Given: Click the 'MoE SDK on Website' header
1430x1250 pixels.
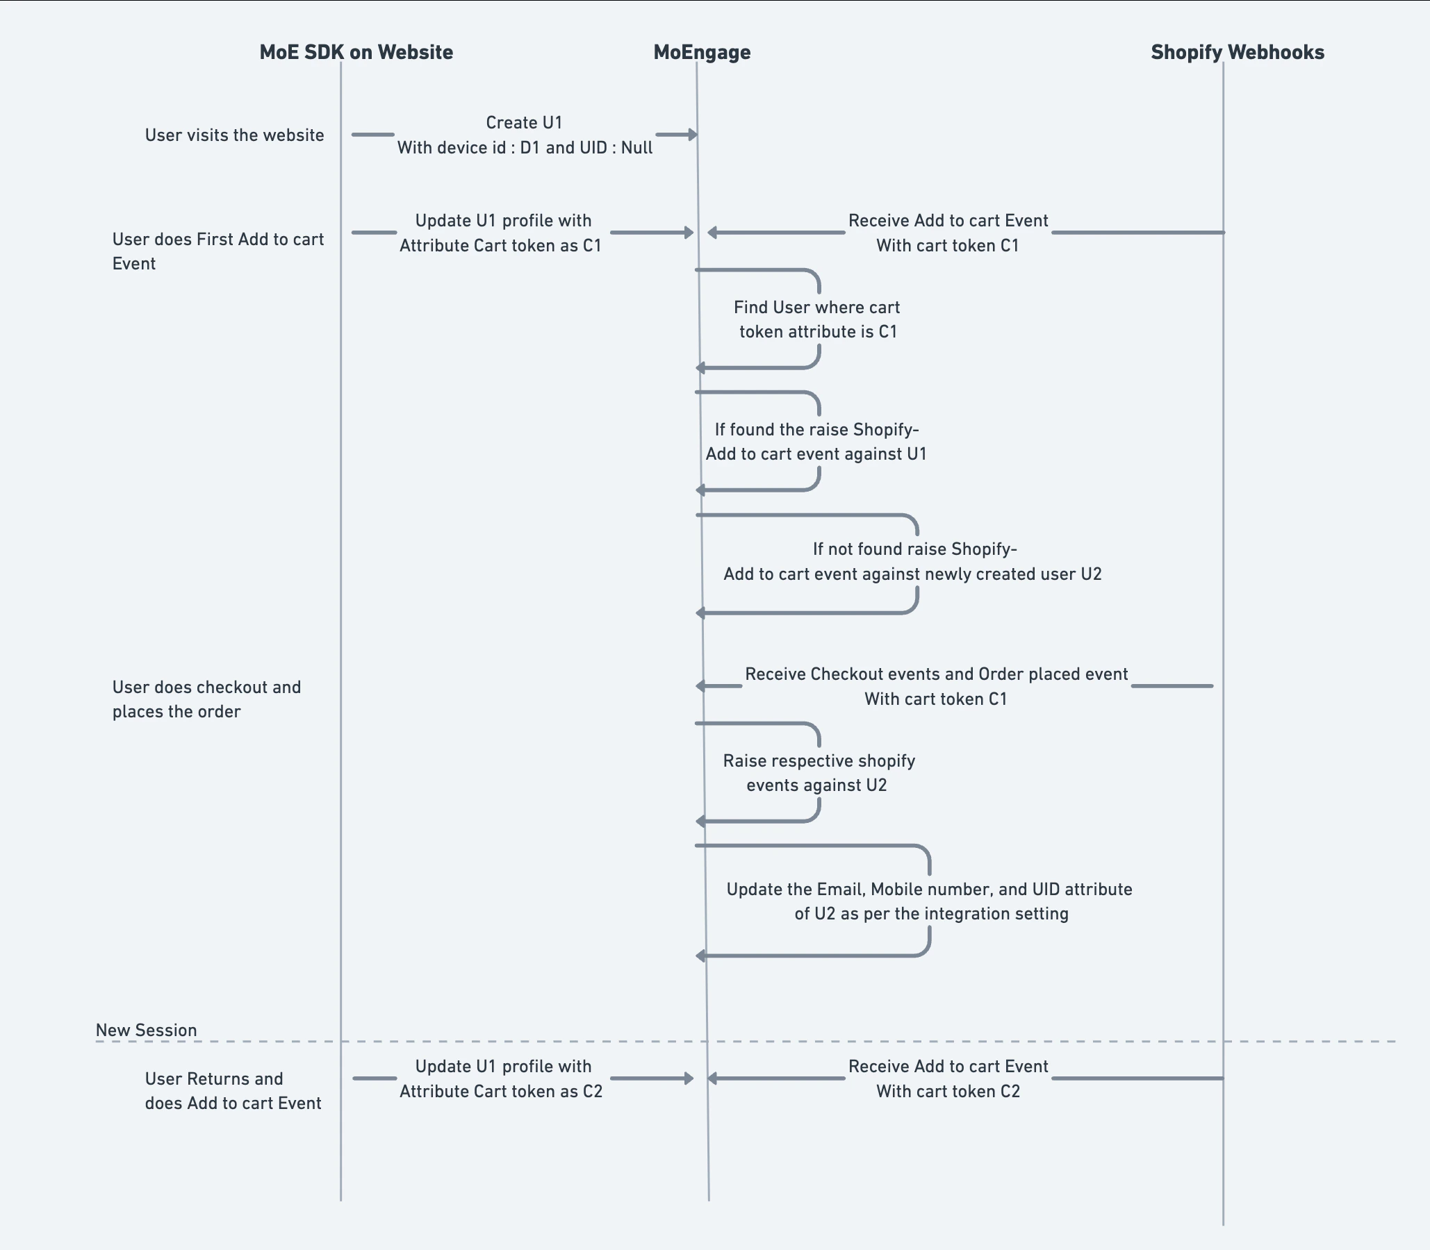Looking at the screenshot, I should (356, 52).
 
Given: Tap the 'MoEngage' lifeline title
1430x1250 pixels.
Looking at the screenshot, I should (701, 52).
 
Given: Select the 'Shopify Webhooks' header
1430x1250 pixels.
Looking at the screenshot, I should (1237, 52).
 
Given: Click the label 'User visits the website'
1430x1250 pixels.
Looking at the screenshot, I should (234, 135).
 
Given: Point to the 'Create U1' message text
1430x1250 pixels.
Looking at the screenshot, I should (524, 124).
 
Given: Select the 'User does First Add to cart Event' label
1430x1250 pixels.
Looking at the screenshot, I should (217, 251).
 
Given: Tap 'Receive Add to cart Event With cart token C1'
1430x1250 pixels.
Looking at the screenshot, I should (948, 233).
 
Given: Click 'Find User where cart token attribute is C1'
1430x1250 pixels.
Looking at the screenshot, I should (817, 319).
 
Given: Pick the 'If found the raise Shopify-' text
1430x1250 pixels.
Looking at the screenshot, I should (816, 430).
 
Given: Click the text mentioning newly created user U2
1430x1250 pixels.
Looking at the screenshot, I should (912, 574).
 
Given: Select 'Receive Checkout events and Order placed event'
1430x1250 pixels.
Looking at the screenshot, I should (936, 674).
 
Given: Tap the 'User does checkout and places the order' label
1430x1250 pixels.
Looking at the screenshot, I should (206, 699).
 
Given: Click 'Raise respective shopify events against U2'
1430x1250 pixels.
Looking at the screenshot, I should (818, 773).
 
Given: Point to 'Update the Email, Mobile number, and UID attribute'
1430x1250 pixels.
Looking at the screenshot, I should (929, 890).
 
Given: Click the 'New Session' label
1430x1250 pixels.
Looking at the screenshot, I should (146, 1031).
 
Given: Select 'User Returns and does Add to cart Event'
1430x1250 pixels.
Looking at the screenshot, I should (232, 1091).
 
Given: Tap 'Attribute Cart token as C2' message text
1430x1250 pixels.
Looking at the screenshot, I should (500, 1092).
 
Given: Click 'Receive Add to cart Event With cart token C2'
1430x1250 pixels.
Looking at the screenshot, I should (948, 1079).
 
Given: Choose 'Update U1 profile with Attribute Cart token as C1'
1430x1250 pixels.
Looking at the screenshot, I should (501, 233).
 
